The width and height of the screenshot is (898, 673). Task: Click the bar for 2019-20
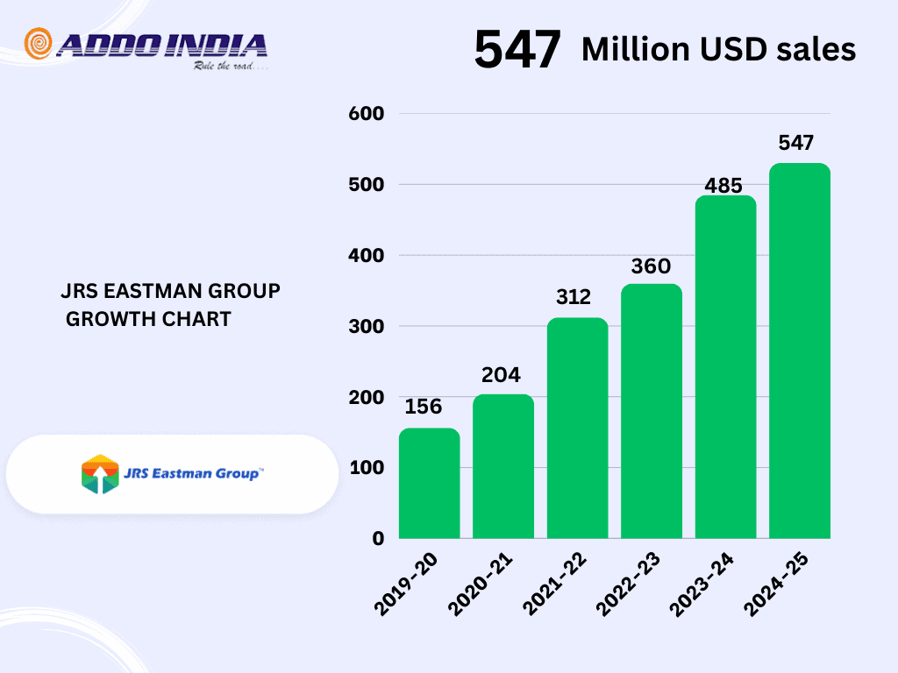[x=429, y=483]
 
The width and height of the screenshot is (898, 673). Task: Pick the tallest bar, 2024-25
[x=800, y=351]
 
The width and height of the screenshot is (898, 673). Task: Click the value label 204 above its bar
[x=501, y=375]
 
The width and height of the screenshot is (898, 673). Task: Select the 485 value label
[x=724, y=186]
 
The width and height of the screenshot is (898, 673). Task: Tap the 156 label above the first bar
[x=424, y=407]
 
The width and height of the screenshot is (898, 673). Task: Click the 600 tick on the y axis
[x=367, y=113]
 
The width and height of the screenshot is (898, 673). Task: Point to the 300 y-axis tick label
[x=367, y=326]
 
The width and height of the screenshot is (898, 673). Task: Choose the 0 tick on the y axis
[x=378, y=538]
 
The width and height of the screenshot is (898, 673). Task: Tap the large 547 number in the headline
[x=517, y=50]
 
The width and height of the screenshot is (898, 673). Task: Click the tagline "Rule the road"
[x=230, y=67]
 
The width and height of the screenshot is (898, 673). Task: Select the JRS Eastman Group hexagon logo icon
[x=99, y=474]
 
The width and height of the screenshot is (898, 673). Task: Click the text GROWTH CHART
[x=149, y=319]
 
